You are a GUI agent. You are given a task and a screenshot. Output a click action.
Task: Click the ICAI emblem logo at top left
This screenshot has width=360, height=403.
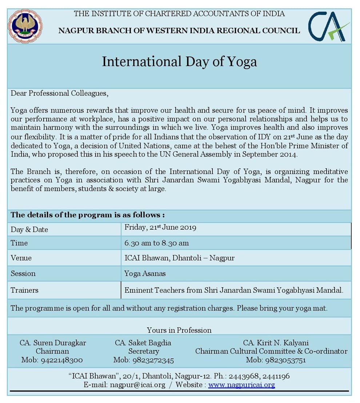coord(25,26)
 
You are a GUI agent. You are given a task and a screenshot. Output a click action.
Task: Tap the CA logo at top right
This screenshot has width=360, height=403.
coord(329,26)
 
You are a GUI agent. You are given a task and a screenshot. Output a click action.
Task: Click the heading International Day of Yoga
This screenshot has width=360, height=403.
coord(179,61)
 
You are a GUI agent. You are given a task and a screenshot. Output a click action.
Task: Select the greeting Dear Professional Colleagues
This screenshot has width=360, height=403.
coord(60,93)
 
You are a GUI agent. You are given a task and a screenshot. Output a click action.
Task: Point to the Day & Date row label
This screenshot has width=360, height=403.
coord(29,229)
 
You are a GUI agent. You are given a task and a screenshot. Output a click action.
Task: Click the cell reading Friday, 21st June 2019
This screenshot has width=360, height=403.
coord(160,228)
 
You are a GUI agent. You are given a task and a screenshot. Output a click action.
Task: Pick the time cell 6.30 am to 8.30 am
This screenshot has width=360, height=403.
coord(156,243)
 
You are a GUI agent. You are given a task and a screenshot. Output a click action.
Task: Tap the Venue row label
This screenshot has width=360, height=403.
coord(21,258)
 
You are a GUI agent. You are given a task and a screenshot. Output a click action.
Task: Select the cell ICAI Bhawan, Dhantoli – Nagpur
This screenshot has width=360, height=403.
coord(179,258)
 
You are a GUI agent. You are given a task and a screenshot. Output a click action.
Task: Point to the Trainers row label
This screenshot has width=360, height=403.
coord(24,290)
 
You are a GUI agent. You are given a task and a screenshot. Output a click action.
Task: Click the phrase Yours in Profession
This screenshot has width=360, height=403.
coord(179,330)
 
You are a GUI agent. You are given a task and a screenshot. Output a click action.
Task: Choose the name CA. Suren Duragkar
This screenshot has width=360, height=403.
coord(53,343)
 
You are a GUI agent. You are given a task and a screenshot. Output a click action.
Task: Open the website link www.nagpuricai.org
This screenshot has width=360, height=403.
coord(241,385)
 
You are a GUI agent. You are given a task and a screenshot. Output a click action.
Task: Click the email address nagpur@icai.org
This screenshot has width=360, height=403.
coord(137,385)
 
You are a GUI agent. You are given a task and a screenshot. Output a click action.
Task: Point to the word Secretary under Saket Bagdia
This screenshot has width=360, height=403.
coord(143,351)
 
